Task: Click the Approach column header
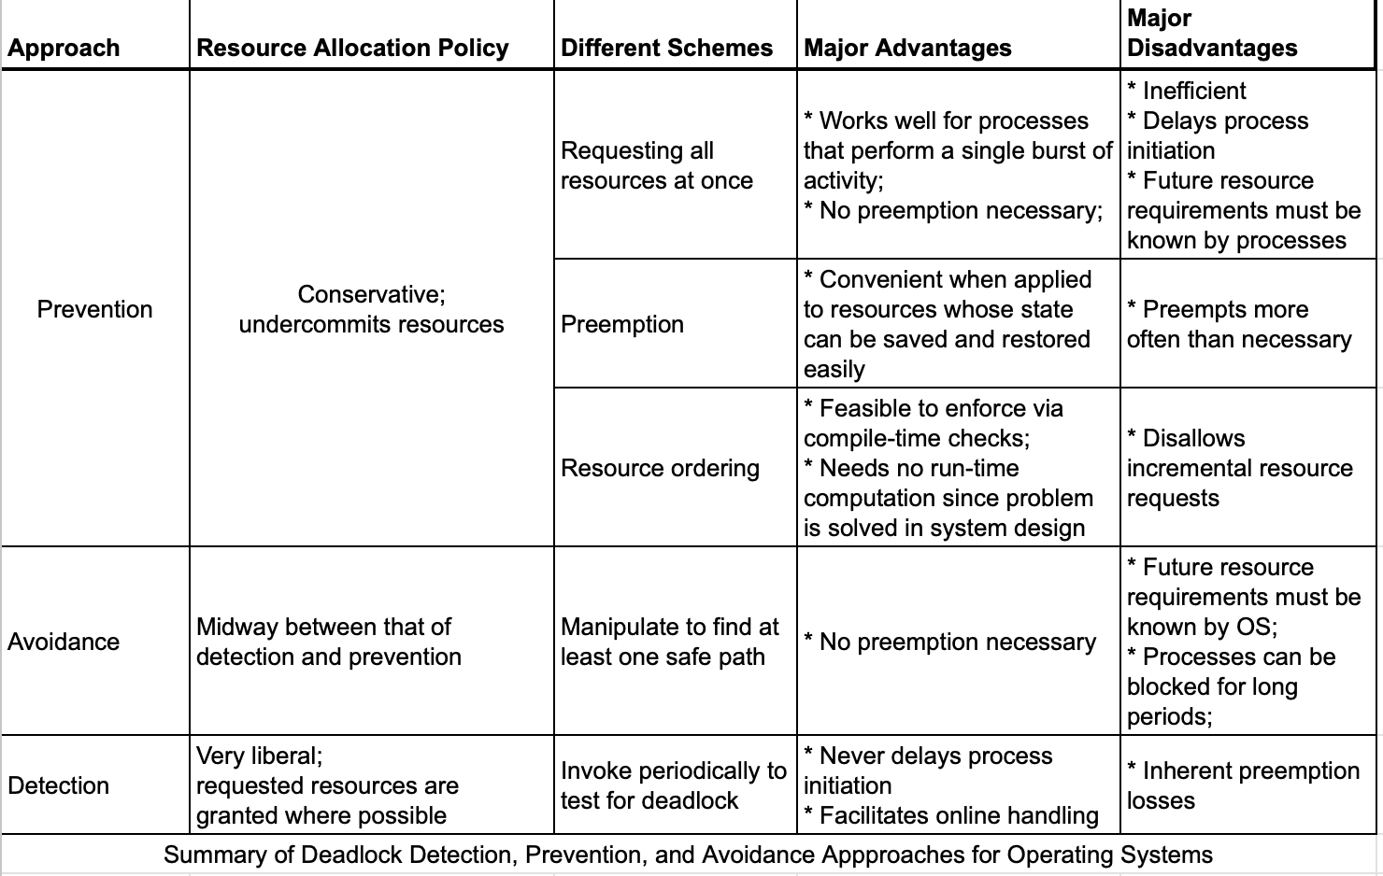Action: pyautogui.click(x=64, y=48)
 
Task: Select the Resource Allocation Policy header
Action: pyautogui.click(x=352, y=48)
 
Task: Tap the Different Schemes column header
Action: pyautogui.click(x=666, y=48)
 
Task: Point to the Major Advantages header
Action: pyautogui.click(x=907, y=48)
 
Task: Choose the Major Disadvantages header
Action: pyautogui.click(x=1212, y=34)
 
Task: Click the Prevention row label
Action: pyautogui.click(x=94, y=309)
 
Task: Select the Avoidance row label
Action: pyautogui.click(x=64, y=642)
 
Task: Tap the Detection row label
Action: pyautogui.click(x=58, y=785)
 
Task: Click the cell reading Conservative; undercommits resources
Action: pyautogui.click(x=371, y=309)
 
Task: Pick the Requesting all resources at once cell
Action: pyautogui.click(x=656, y=165)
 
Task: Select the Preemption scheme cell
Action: pyautogui.click(x=622, y=324)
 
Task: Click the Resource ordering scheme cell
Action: pyautogui.click(x=660, y=468)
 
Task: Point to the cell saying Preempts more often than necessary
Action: pyautogui.click(x=1239, y=324)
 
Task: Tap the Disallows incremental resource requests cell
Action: pyautogui.click(x=1239, y=468)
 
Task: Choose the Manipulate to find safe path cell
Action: pyautogui.click(x=669, y=642)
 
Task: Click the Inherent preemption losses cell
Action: pyautogui.click(x=1243, y=785)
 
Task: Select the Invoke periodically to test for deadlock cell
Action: pyautogui.click(x=673, y=785)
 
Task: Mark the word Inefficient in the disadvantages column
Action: pyautogui.click(x=1194, y=91)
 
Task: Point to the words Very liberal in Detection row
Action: pyautogui.click(x=259, y=756)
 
